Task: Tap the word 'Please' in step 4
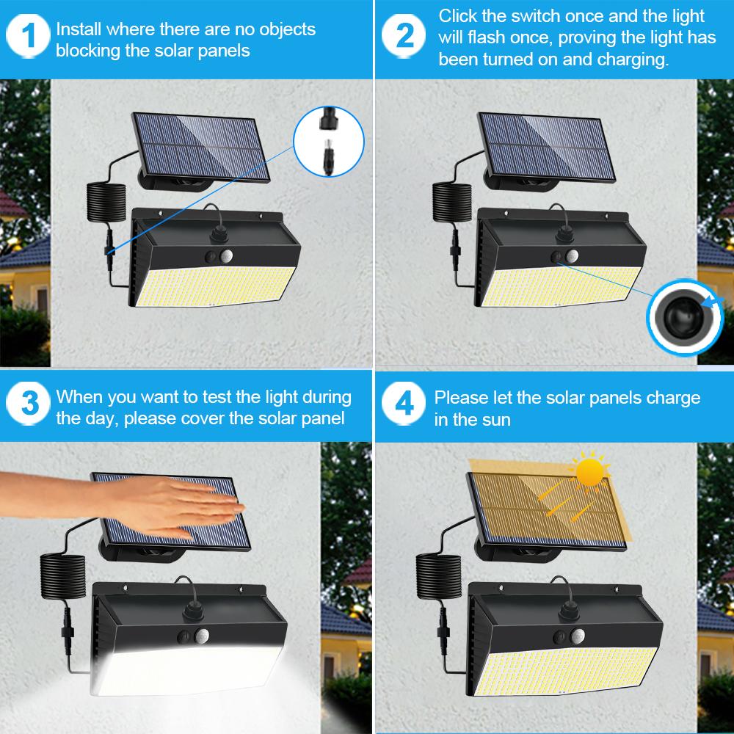click(x=460, y=398)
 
